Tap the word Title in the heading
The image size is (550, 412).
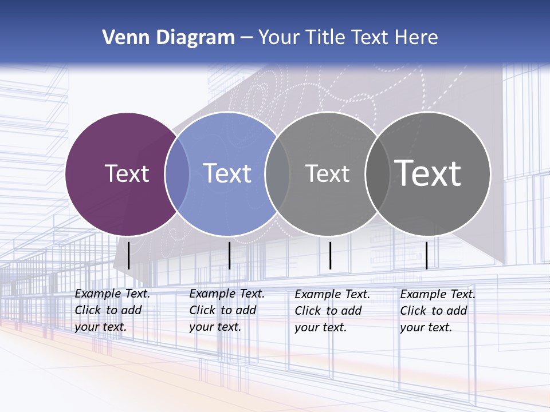coord(325,37)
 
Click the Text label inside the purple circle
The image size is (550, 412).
coord(127,173)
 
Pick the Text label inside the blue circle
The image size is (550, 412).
coord(227,173)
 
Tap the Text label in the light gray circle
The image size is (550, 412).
coord(327,174)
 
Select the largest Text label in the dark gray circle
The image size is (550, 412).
coord(428,173)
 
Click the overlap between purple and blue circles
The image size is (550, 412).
coord(177,174)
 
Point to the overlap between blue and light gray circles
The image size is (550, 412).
coord(277,174)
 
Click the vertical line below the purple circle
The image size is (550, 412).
coord(129,255)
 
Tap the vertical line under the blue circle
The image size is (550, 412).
coord(229,255)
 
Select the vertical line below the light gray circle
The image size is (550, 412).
coord(330,255)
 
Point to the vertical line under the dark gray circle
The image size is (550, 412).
coord(427,255)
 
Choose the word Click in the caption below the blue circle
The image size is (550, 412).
coord(202,310)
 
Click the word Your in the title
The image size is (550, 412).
coord(279,37)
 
